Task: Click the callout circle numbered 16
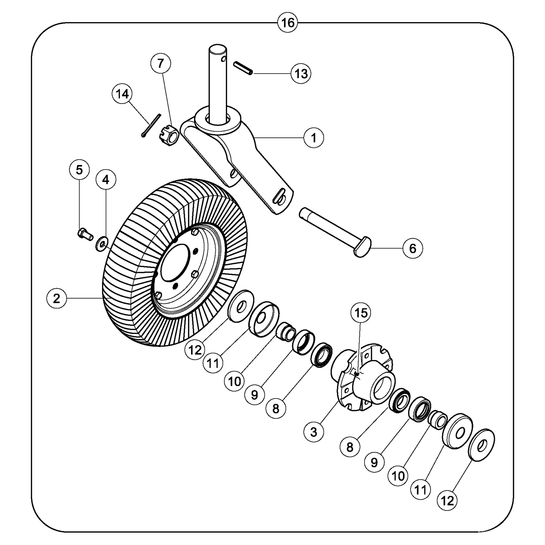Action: [288, 23]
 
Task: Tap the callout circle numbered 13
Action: [301, 74]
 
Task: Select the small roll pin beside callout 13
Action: [243, 68]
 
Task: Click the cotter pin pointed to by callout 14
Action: [151, 126]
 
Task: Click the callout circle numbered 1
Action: [314, 138]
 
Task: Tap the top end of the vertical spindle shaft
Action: [217, 50]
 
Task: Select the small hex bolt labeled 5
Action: [85, 234]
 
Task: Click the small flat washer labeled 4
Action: [101, 244]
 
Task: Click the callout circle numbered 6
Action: [412, 249]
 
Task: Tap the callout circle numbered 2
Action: [57, 298]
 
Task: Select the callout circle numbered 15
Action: [361, 313]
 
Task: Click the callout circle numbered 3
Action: [314, 432]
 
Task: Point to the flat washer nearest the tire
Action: [241, 306]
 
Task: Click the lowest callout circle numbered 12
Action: [447, 501]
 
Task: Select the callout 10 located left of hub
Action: [234, 382]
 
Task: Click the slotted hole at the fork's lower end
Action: [279, 197]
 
